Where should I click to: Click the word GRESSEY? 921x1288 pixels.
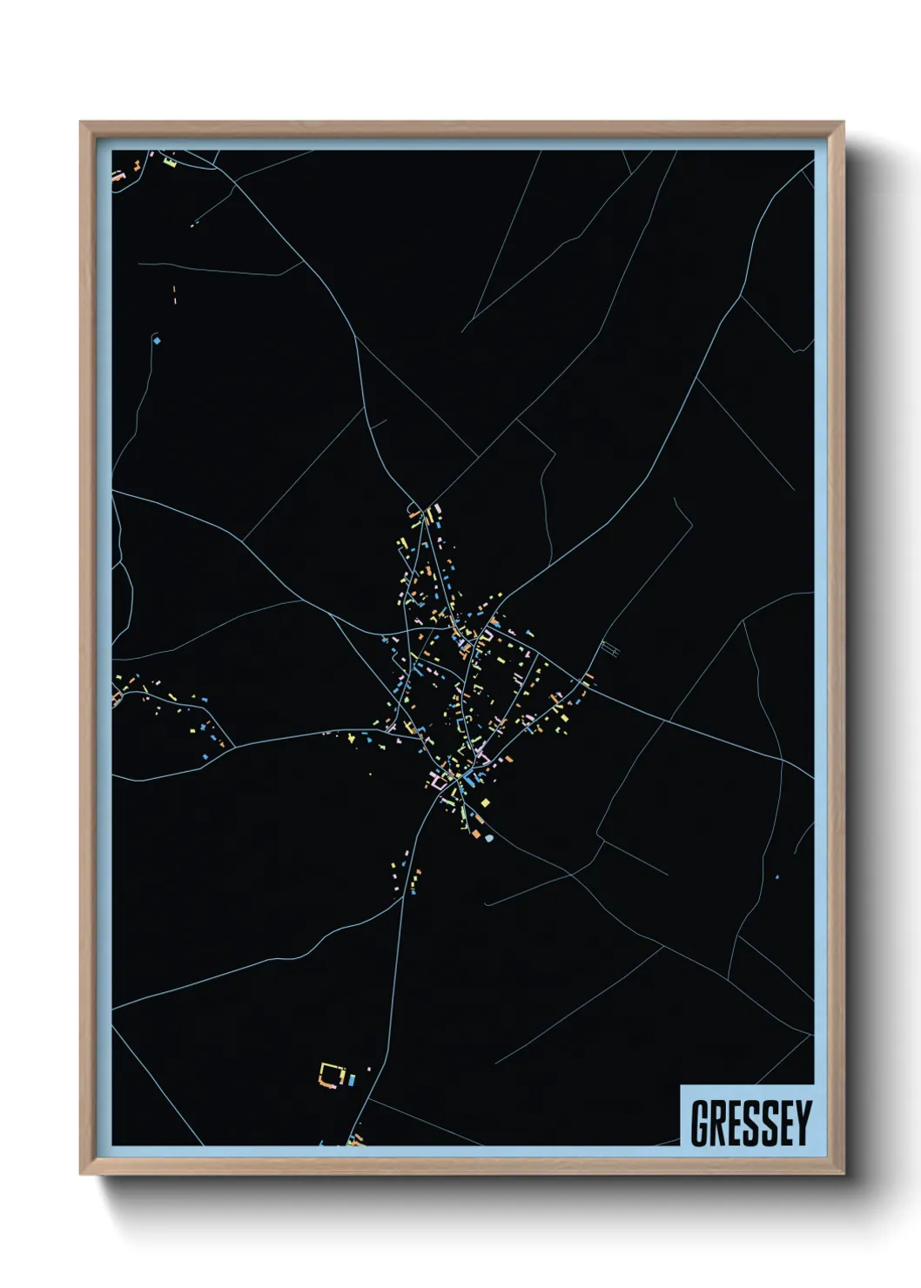click(x=750, y=1123)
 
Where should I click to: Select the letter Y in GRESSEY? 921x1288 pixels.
click(x=803, y=1123)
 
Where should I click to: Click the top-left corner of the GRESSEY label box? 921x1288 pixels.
click(x=681, y=1085)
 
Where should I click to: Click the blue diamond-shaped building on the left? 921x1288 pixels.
click(x=157, y=340)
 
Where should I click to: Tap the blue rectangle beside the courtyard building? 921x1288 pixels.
click(x=351, y=1080)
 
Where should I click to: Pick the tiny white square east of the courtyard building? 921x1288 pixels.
click(x=368, y=1069)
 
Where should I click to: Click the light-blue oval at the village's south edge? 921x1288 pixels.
click(x=489, y=838)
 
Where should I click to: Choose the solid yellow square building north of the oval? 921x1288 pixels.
click(x=485, y=802)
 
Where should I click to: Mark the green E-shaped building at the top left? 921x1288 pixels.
click(x=170, y=161)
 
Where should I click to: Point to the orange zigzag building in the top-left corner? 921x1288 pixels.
click(x=118, y=174)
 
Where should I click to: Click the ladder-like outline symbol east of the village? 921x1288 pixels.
click(x=610, y=648)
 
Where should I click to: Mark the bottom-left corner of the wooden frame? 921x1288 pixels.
click(x=81, y=1174)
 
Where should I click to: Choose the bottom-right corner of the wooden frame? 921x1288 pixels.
click(x=844, y=1174)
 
